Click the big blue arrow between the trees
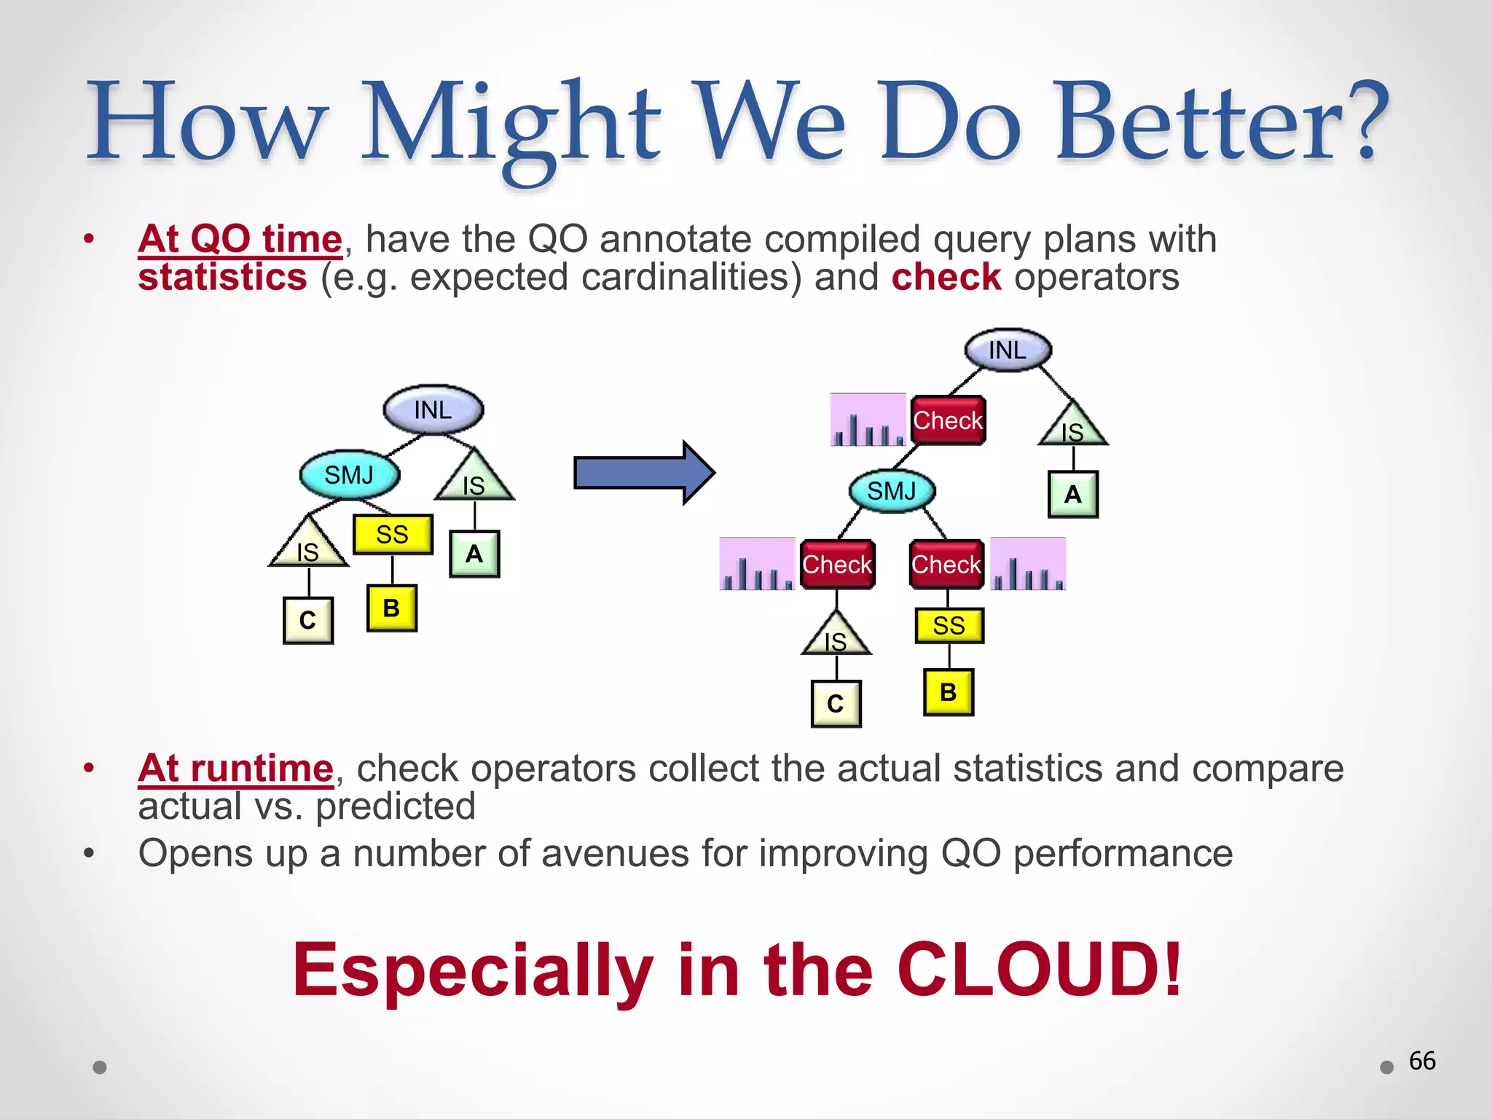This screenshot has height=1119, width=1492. coord(641,472)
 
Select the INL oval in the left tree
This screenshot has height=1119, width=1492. coord(433,409)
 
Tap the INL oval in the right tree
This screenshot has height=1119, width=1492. coord(1008,350)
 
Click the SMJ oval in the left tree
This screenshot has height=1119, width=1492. coord(350,475)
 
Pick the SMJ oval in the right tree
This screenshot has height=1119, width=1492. coord(892,491)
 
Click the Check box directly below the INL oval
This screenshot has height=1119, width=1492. coord(948,420)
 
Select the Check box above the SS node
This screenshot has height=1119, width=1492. coord(946,565)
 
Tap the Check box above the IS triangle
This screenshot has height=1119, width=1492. coord(837,565)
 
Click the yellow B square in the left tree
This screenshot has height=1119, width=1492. coord(391,608)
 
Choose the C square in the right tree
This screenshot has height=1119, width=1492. coord(836,703)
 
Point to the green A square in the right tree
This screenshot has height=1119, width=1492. coord(1072,495)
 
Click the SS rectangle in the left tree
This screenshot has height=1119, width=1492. coord(393,534)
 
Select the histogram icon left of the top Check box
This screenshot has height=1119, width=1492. coord(868,420)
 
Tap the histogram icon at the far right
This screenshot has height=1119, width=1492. coord(1028,565)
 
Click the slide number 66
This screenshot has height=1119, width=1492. coord(1422,1061)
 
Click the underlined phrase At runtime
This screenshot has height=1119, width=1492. coord(235,768)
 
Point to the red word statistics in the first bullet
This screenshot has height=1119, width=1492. coord(223,278)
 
